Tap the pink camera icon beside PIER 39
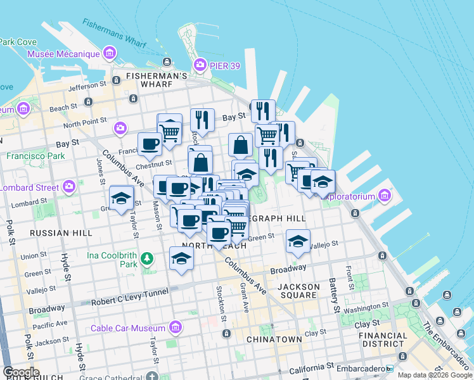point(200,65)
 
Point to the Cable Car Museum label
point(127,328)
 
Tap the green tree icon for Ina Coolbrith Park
point(147,258)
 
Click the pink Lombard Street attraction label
point(29,187)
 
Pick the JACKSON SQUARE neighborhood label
point(298,291)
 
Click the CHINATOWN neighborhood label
point(274,339)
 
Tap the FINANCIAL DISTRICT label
point(385,339)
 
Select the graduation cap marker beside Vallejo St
point(298,241)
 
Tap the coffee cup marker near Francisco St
point(150,144)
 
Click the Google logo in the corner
point(21,372)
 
